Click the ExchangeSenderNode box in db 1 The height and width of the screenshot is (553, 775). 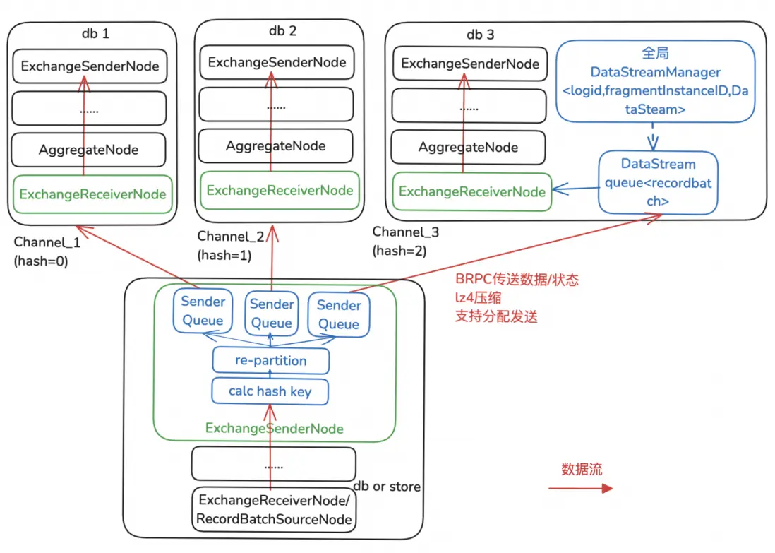tap(90, 67)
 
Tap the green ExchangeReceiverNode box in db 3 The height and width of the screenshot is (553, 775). tap(471, 191)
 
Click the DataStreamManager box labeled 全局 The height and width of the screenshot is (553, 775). tap(655, 81)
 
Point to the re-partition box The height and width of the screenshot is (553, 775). tap(271, 361)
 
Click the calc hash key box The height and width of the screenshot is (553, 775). tap(270, 391)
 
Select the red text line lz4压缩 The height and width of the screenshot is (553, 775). tap(478, 298)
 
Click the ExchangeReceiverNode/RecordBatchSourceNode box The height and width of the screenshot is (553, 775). tap(275, 510)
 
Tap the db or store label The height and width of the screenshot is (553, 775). tap(387, 487)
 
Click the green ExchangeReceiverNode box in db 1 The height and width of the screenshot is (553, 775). tap(92, 194)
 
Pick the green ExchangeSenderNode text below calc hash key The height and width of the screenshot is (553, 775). tap(274, 429)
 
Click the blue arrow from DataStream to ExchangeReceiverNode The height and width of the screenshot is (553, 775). tap(575, 189)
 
